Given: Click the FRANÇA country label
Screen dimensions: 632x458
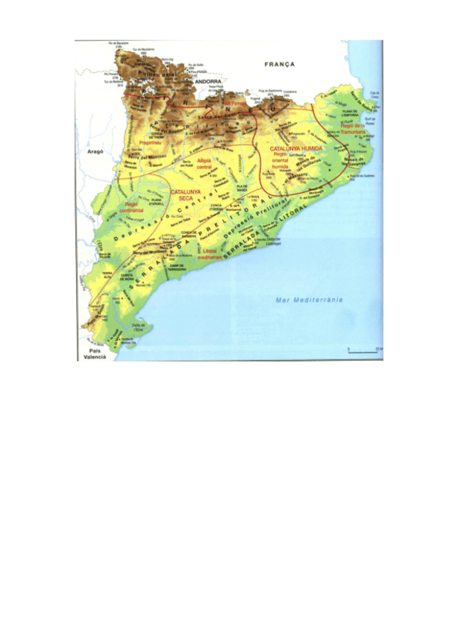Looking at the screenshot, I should coord(279,64).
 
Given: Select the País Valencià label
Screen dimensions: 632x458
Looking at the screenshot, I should coord(93,354).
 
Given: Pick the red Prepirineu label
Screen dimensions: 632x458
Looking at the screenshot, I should coord(151,142).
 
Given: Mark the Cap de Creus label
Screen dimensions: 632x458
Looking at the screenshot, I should coord(375,96).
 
